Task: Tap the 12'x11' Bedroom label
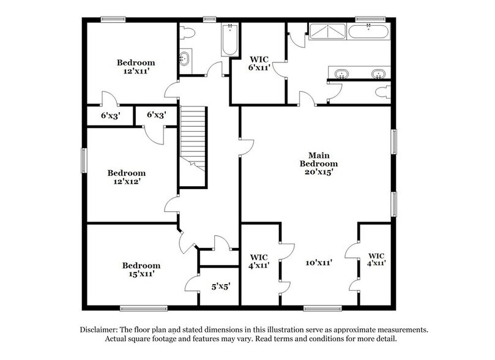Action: point(136,67)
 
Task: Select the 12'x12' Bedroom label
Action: point(127,177)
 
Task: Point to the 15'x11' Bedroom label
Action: point(141,269)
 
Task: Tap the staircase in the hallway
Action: point(193,138)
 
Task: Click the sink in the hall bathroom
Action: point(185,59)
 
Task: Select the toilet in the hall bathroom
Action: point(188,32)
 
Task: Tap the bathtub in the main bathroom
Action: point(368,31)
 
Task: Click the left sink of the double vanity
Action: point(341,74)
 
